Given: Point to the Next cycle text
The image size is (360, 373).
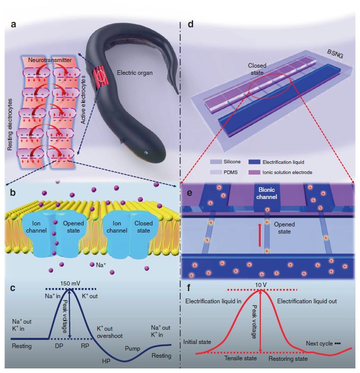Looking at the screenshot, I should (x=323, y=343).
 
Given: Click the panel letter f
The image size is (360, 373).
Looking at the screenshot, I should (x=191, y=291).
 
